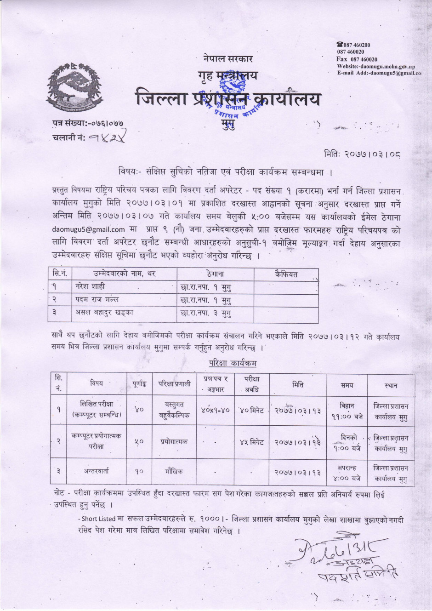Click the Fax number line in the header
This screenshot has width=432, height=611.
[357, 59]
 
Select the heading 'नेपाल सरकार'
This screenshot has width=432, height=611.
[227, 58]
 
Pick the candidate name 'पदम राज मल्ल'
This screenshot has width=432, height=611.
[97, 300]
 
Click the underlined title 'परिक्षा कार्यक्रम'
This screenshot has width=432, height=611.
[232, 363]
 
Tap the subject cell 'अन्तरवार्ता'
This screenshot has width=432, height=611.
[97, 471]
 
